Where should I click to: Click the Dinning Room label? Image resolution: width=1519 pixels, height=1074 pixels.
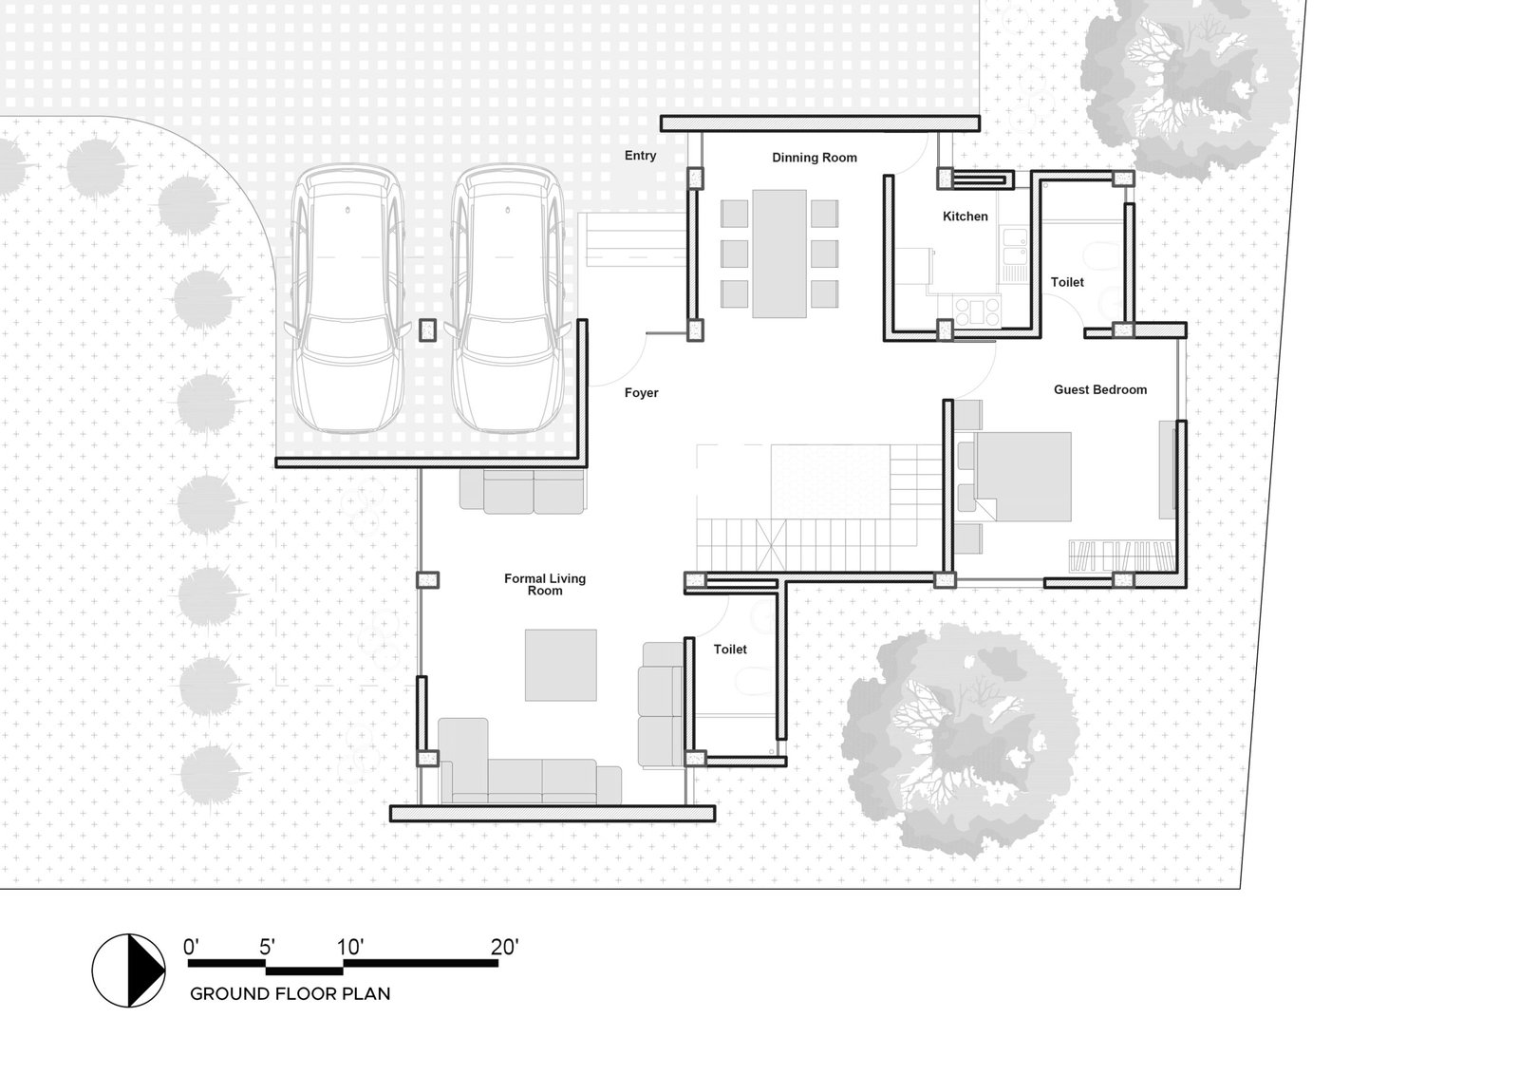point(815,158)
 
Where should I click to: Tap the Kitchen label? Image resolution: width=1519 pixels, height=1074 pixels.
point(965,217)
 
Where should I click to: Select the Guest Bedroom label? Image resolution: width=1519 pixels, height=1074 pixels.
point(1100,389)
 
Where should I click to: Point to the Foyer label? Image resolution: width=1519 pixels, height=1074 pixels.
point(642,393)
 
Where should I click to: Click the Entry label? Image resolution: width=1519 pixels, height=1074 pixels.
point(640,156)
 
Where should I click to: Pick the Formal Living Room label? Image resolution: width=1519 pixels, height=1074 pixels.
point(545,584)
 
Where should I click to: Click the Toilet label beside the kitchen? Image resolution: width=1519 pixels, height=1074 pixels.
point(1067,282)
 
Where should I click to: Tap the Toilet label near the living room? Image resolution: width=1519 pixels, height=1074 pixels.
point(730,650)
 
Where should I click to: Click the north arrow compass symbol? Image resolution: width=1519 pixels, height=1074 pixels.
point(129,970)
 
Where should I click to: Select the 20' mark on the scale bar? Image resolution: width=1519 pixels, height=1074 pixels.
point(504,947)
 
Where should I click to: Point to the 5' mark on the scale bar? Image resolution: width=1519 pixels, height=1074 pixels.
point(267,947)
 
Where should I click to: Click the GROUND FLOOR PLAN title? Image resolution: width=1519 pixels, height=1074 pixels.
point(291,994)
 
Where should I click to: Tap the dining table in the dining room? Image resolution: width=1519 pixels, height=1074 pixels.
point(779,254)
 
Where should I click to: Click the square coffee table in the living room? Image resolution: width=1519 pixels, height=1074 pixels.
point(561,665)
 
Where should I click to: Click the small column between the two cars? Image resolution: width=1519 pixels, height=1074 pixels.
point(427,330)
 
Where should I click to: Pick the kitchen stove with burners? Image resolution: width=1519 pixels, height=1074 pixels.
point(977,312)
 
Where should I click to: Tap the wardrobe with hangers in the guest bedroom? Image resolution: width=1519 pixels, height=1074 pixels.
point(1121,556)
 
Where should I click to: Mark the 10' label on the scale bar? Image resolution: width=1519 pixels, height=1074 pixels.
point(350,947)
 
